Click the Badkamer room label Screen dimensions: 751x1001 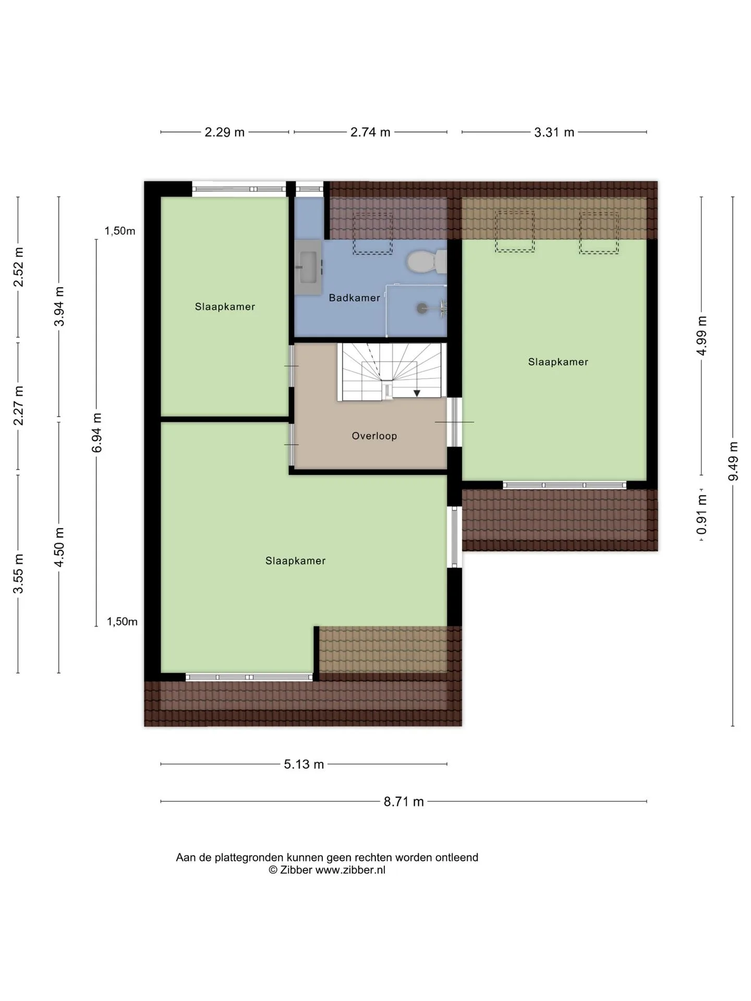[354, 298]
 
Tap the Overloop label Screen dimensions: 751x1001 [374, 436]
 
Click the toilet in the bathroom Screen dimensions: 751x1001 [426, 262]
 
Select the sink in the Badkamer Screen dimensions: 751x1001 [308, 267]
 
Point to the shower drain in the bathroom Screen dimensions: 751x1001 [422, 308]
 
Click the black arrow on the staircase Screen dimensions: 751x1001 [417, 393]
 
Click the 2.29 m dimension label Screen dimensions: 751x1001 [224, 132]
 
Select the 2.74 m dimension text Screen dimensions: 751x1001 [370, 132]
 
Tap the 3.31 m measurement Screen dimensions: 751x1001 [554, 132]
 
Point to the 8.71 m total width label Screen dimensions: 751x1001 [404, 801]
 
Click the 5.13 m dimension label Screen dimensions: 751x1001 [304, 764]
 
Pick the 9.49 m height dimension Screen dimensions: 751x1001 [733, 461]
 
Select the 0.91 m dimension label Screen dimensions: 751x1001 [701, 515]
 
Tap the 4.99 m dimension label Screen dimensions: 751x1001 [701, 336]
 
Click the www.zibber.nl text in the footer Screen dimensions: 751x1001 [350, 870]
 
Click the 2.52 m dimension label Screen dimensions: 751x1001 [19, 266]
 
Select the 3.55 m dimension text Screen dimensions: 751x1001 [19, 573]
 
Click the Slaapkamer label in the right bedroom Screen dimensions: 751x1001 [558, 362]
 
